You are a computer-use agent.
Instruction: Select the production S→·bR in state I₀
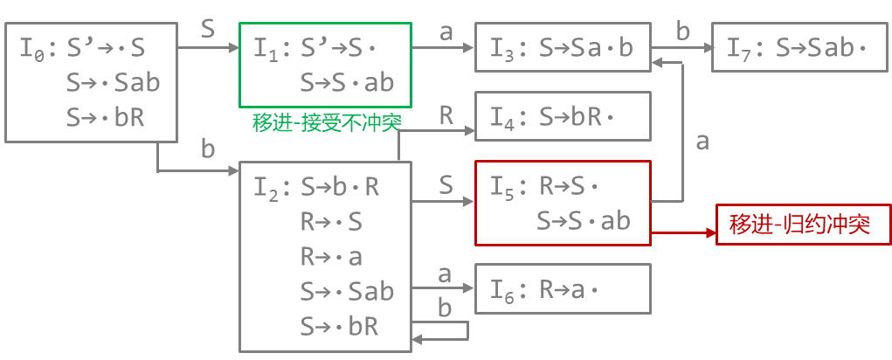point(105,118)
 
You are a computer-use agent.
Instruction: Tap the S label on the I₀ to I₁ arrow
point(208,29)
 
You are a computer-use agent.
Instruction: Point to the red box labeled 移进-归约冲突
point(804,225)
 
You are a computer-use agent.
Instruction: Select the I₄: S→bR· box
point(563,115)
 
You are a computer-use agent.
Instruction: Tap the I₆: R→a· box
point(563,288)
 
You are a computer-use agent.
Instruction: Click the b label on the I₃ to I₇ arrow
point(683,31)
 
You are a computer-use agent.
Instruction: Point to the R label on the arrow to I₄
point(446,114)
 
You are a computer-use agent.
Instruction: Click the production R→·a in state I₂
point(331,257)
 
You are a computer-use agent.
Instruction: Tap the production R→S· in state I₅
point(572,186)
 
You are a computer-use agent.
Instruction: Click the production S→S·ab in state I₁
point(347,83)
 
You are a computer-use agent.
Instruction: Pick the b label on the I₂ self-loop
point(445,308)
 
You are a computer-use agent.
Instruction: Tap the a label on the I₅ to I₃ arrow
point(702,142)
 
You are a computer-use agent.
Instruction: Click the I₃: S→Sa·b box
point(563,47)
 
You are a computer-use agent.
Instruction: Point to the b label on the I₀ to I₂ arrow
point(208,149)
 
